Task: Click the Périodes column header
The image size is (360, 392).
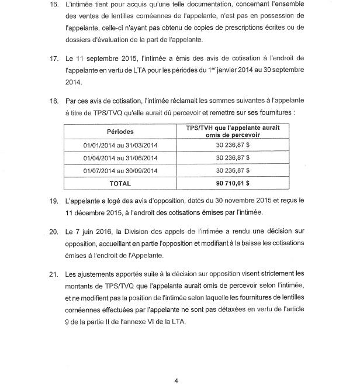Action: coord(120,131)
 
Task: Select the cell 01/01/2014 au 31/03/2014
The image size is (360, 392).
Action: coord(120,146)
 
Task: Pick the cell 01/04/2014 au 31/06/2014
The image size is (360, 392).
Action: coord(120,158)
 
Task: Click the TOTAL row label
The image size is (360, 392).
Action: coord(120,183)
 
